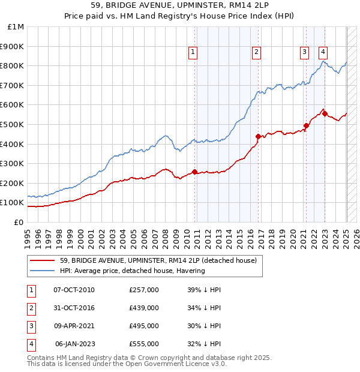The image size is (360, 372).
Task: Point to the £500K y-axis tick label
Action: coord(13,124)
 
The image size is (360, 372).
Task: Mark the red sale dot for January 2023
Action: coord(325,113)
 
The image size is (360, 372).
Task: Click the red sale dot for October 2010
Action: coord(195,172)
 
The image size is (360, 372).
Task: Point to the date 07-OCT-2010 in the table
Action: coord(74,290)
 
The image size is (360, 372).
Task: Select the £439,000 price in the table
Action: coord(144,308)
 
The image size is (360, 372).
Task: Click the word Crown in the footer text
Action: coord(149,358)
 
